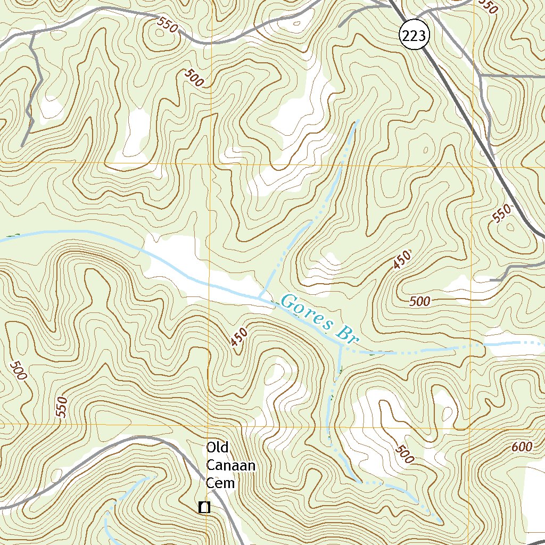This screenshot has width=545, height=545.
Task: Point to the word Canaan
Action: pyautogui.click(x=231, y=466)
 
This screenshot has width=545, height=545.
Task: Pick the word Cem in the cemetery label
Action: pyautogui.click(x=220, y=483)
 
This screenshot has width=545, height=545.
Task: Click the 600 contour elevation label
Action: pyautogui.click(x=522, y=447)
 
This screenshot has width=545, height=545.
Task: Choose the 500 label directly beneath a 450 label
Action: pyautogui.click(x=420, y=302)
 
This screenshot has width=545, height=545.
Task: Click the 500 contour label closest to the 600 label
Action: pyautogui.click(x=404, y=454)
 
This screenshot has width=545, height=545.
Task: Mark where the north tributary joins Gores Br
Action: pyautogui.click(x=260, y=296)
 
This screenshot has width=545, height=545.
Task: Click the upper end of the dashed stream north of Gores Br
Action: pyautogui.click(x=357, y=121)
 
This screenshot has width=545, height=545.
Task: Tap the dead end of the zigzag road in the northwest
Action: pyautogui.click(x=22, y=145)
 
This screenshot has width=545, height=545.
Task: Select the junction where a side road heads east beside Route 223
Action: pyautogui.click(x=481, y=76)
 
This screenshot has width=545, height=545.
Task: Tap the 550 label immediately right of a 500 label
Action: pyautogui.click(x=62, y=407)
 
